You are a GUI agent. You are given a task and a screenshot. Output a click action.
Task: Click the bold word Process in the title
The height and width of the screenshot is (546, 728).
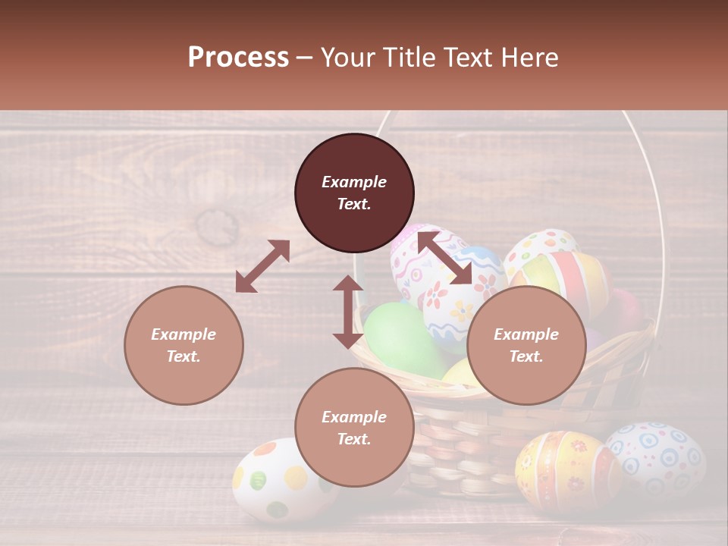[238, 58]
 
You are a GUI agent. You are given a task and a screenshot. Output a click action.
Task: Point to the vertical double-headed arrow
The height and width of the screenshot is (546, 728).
[348, 312]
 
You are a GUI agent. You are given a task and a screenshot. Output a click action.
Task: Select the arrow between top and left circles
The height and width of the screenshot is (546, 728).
[262, 266]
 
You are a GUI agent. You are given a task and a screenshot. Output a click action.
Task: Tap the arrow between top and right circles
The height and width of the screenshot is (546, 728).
[445, 258]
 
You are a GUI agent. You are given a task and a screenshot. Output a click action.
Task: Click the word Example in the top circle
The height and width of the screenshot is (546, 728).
[354, 182]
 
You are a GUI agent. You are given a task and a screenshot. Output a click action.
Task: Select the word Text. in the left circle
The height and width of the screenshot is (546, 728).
[184, 356]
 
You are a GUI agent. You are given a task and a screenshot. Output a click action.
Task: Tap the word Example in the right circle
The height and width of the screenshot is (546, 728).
[526, 334]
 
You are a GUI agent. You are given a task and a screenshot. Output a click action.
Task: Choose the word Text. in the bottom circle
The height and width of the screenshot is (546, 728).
[354, 439]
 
